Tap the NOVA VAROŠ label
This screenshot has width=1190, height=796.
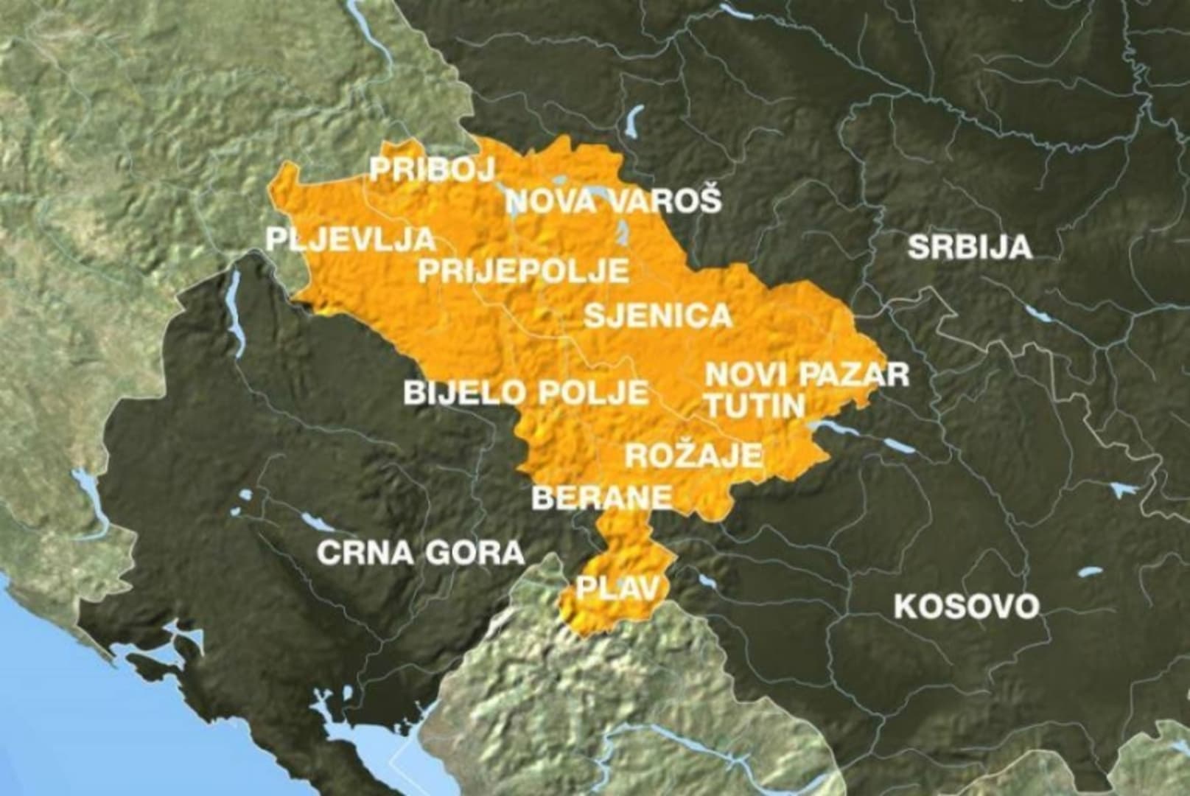coord(613,200)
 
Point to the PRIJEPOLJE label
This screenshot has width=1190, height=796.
coord(524,270)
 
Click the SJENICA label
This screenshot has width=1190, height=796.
coord(658,315)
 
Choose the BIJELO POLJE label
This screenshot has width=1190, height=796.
coord(526,392)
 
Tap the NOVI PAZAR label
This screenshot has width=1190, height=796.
coord(807,374)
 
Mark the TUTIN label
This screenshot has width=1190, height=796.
coord(754,405)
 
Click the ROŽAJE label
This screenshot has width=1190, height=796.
coord(693,455)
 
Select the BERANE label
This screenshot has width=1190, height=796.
coord(602,497)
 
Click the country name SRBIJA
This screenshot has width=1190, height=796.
coord(970,247)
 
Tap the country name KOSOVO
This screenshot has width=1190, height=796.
coord(966,607)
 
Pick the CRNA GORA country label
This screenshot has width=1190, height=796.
coord(421,552)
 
